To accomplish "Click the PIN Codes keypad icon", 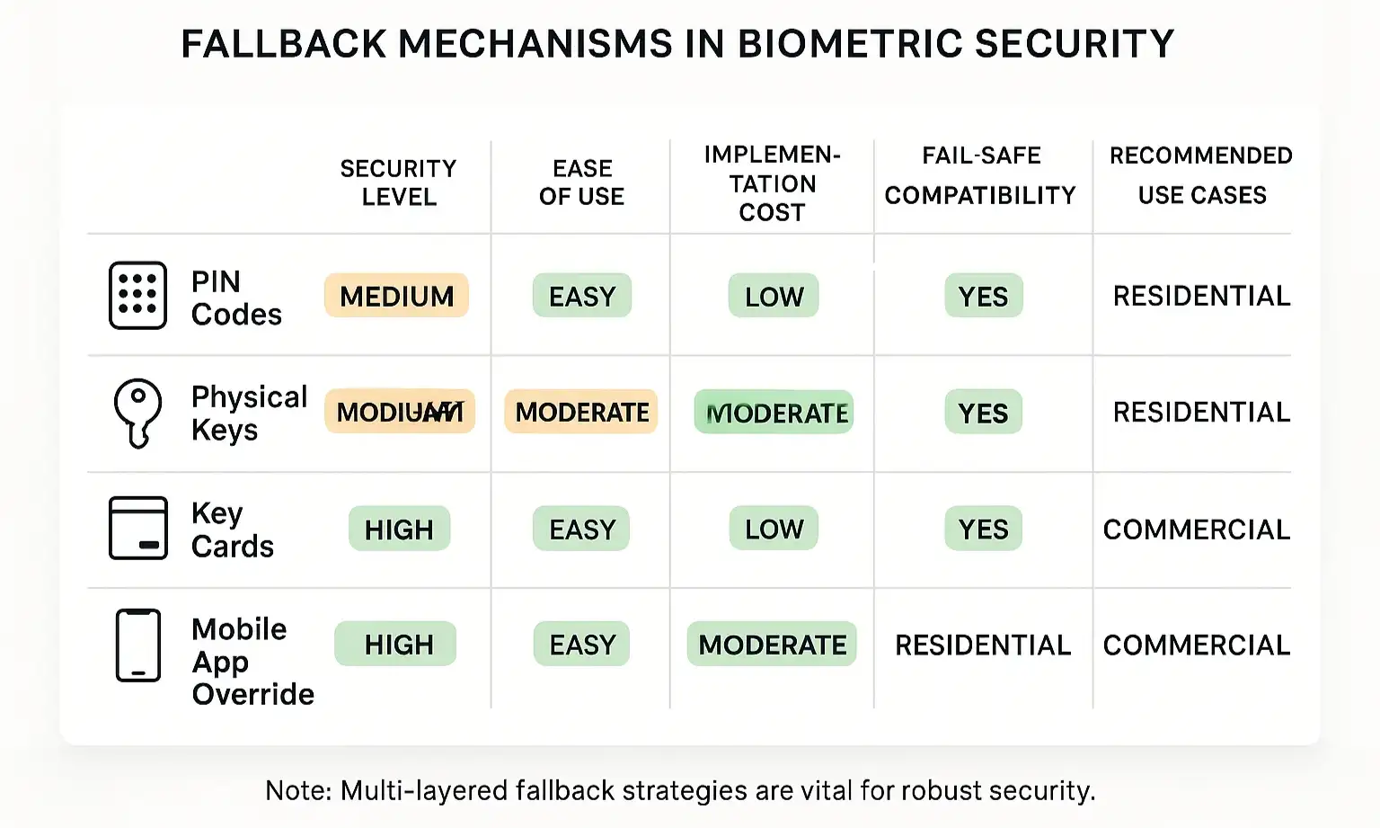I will [137, 296].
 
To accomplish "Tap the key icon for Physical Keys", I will [137, 413].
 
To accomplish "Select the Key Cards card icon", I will [137, 529].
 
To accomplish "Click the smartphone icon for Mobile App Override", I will [137, 645].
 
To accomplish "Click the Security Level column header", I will [398, 183].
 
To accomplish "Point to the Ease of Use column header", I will [581, 183].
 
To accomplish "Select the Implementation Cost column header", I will [772, 183].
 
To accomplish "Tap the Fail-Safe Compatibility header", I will [980, 175].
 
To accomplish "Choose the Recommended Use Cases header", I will [1201, 175].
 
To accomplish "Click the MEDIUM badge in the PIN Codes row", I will [396, 296].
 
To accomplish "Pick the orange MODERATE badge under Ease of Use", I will [581, 412].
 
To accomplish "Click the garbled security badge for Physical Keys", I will [400, 412].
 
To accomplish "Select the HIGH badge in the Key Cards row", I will [399, 530].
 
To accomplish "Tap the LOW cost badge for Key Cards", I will [774, 529].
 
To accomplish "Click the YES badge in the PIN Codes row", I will [983, 296].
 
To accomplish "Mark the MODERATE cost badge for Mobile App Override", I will [772, 645].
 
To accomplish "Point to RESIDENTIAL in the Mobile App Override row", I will [983, 645].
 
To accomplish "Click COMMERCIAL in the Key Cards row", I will [1196, 530].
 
